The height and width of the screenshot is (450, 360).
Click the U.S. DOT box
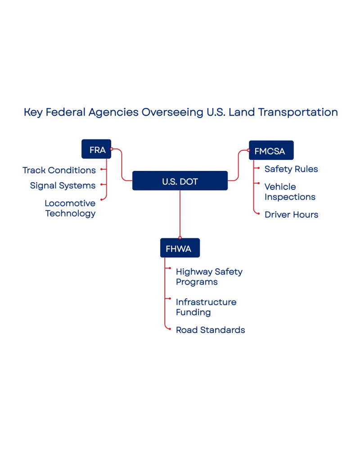(180, 182)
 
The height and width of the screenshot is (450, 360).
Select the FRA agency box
(97, 150)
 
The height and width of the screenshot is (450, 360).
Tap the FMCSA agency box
(271, 151)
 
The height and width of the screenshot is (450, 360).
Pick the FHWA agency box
(180, 248)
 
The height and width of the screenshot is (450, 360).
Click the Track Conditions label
(60, 170)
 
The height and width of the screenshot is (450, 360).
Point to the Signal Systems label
(63, 185)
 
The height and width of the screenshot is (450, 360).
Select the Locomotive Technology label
(71, 209)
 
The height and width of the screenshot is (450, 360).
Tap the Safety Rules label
(292, 170)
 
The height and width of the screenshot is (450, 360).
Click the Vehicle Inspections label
(290, 192)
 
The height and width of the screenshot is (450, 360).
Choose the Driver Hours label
(292, 215)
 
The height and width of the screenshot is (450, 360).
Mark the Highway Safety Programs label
(209, 277)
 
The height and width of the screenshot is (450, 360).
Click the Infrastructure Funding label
(206, 307)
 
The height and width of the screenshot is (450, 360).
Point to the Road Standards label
(211, 330)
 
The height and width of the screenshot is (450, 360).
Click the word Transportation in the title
(297, 112)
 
